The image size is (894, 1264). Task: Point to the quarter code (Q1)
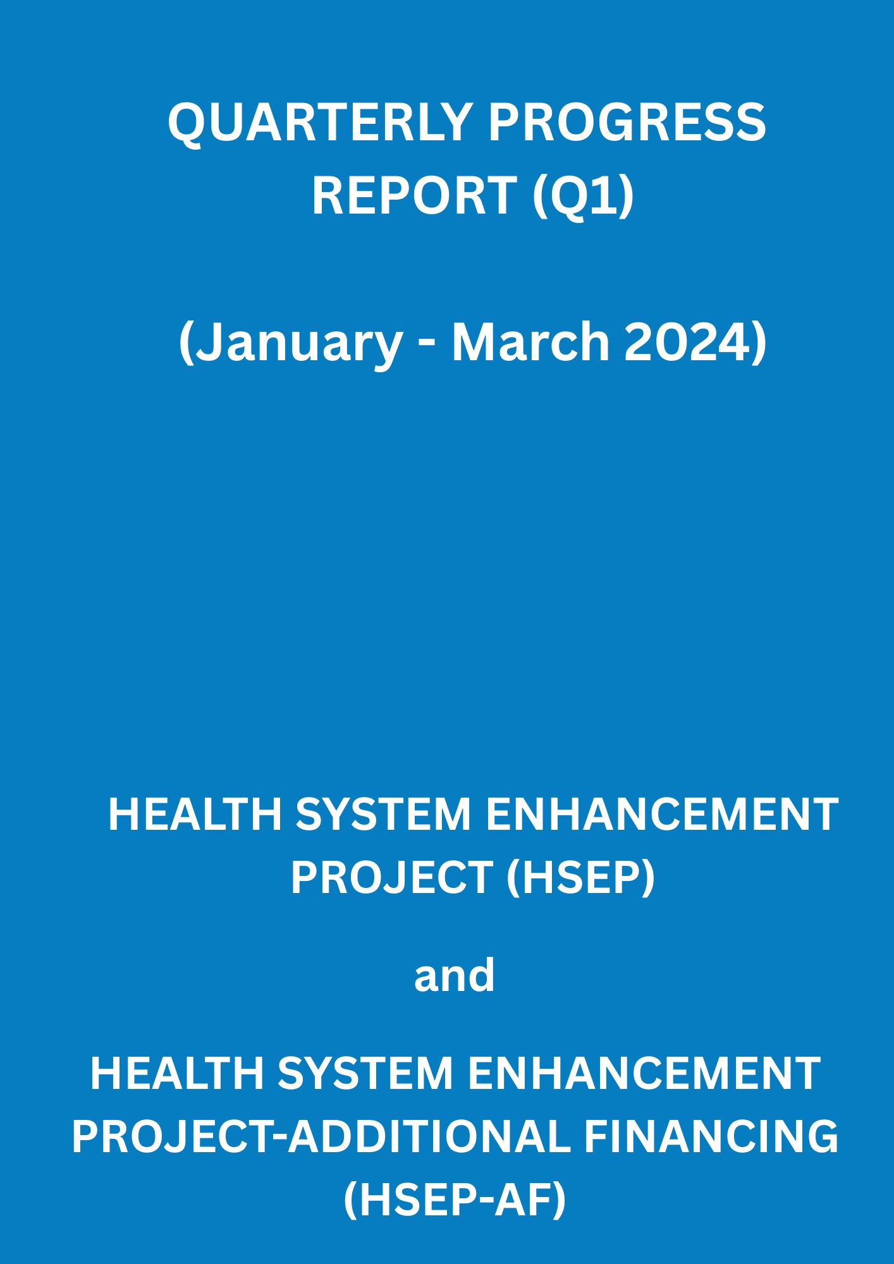click(x=583, y=197)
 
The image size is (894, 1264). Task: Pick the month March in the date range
click(x=530, y=341)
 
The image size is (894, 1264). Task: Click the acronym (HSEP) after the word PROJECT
click(x=580, y=878)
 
